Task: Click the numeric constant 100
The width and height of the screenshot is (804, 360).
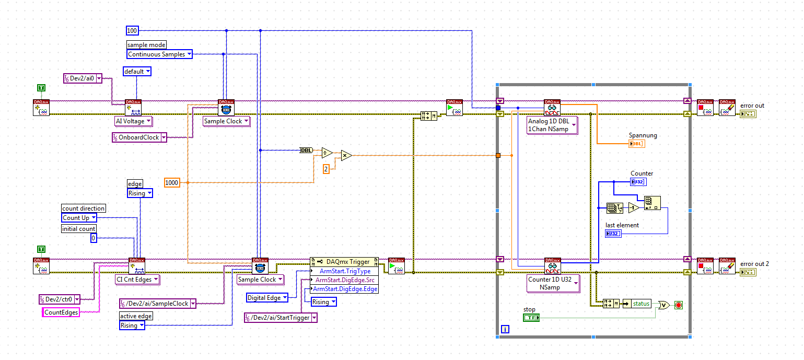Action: click(x=133, y=31)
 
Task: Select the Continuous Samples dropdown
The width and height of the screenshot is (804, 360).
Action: click(x=160, y=54)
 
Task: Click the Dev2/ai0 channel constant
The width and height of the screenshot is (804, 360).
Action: click(x=82, y=78)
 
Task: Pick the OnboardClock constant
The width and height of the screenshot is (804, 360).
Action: click(x=139, y=137)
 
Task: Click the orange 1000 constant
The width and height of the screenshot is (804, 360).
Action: click(x=172, y=182)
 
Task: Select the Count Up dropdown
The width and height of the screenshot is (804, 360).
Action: click(x=79, y=217)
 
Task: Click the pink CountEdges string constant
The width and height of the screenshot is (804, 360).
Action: click(x=61, y=312)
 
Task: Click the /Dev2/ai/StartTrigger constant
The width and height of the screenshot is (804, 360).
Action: click(x=281, y=318)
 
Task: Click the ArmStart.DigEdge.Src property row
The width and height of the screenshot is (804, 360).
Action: click(x=345, y=280)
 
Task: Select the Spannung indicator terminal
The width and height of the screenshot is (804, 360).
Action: click(x=636, y=144)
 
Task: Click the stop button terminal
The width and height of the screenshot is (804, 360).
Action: click(x=531, y=318)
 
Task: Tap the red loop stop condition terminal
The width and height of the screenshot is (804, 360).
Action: click(x=678, y=305)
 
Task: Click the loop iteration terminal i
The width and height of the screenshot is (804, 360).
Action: click(x=505, y=329)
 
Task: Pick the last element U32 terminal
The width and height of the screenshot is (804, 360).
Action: click(x=613, y=234)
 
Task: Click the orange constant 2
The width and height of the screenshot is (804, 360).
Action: click(x=326, y=169)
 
